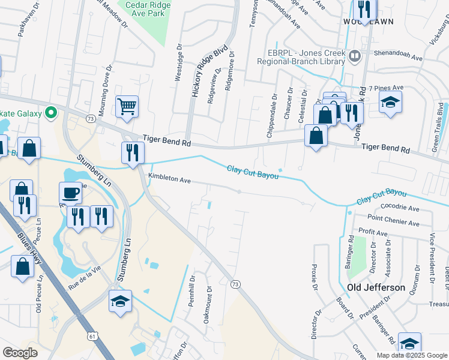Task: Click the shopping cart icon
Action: click(x=127, y=107)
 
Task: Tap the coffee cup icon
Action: click(x=71, y=193)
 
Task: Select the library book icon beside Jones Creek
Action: click(x=354, y=56)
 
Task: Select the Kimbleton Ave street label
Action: click(x=169, y=179)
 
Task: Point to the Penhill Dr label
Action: click(x=192, y=291)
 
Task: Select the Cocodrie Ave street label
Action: click(x=400, y=208)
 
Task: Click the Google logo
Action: click(x=20, y=353)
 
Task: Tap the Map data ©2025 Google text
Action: click(x=411, y=355)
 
